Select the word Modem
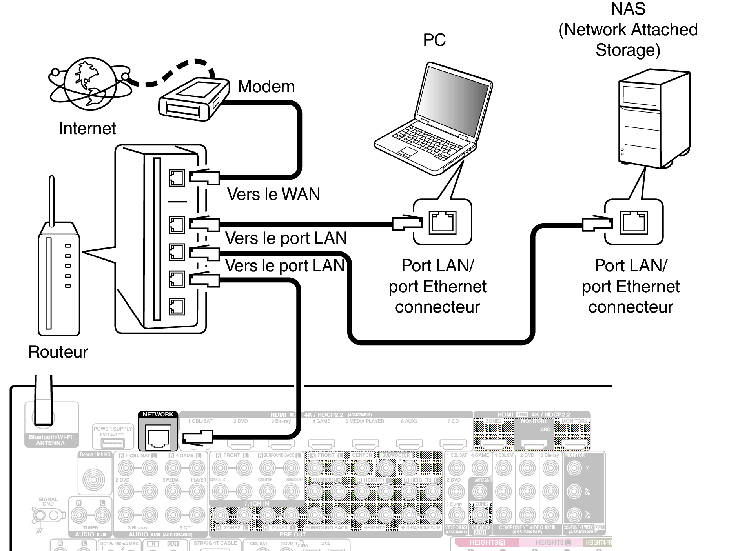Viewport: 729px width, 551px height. coord(266,86)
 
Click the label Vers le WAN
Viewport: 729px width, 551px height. coord(273,194)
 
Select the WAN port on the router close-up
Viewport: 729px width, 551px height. coord(177,178)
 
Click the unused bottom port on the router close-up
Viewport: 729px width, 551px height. coord(177,307)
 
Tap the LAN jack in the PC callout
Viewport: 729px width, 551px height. coord(442,222)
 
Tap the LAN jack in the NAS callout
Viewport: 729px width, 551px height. coord(634,222)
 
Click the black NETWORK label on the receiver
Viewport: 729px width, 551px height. coord(158,415)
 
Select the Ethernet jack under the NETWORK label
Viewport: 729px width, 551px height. coord(158,436)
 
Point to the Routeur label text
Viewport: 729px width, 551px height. coord(58,352)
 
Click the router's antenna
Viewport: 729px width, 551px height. coord(51,200)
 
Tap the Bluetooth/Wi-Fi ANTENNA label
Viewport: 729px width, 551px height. coord(50,440)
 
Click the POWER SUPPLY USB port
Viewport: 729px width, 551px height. coord(113,443)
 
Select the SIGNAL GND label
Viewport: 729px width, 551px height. coord(48,502)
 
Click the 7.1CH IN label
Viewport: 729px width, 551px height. coord(256,503)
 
